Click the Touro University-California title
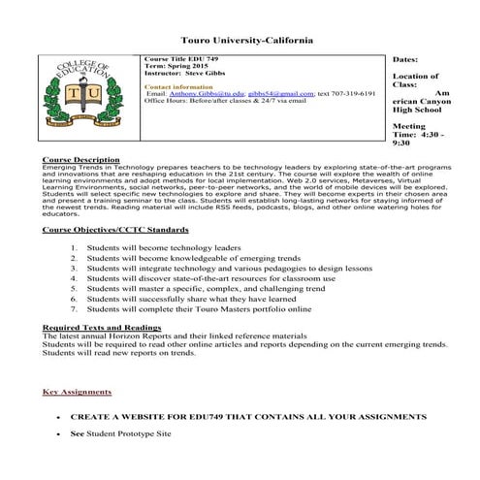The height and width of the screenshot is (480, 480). tap(240, 41)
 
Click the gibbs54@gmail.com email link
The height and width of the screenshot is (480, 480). tap(280, 93)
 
